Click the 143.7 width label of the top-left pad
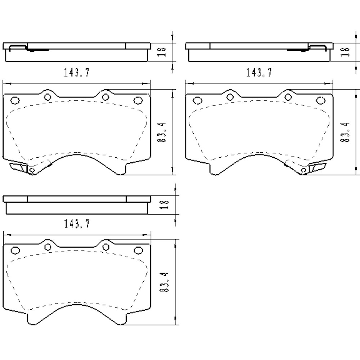coord(77,73)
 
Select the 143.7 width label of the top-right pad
coord(259,73)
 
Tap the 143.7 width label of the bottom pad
coord(77,224)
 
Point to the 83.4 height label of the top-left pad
coord(162,132)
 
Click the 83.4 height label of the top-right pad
coord(345,132)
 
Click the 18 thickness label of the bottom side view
coord(165,204)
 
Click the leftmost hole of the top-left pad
coord(15,100)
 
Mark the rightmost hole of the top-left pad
coord(137,100)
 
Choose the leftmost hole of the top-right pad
coord(197,100)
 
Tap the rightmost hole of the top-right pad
coord(319,100)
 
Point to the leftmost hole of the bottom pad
coord(15,250)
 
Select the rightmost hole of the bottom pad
coord(137,250)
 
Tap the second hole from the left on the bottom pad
coord(48,247)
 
